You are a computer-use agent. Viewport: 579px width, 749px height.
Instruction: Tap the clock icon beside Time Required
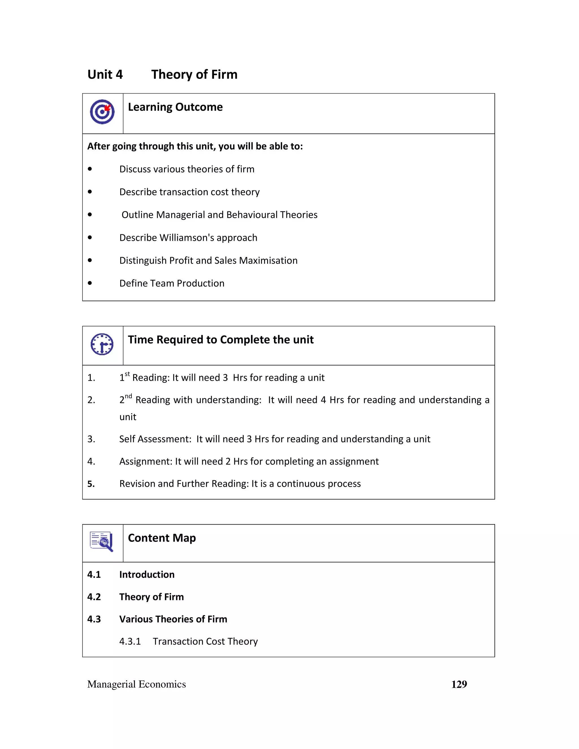click(102, 344)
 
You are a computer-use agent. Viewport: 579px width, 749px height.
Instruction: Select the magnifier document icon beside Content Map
click(101, 542)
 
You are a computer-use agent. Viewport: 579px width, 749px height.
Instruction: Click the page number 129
click(459, 684)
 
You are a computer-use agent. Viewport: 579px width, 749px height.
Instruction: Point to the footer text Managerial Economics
click(137, 684)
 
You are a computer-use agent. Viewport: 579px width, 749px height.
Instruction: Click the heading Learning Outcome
click(175, 107)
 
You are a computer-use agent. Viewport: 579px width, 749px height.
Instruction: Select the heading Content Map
click(162, 538)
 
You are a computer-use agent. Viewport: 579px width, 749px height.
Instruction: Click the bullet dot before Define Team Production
click(90, 283)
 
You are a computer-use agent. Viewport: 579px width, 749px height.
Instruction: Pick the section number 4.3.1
click(130, 641)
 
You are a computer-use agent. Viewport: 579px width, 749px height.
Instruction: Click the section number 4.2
click(94, 597)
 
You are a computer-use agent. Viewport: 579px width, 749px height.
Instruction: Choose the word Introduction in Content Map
click(147, 574)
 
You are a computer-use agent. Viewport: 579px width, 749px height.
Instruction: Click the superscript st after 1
click(127, 374)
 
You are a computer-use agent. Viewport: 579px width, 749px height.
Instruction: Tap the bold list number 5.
click(91, 484)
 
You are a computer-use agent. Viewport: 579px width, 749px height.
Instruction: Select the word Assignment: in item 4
click(145, 461)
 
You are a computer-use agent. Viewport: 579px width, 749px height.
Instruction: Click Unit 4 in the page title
click(105, 74)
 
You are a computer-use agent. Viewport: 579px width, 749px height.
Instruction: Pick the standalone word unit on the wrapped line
click(128, 417)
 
